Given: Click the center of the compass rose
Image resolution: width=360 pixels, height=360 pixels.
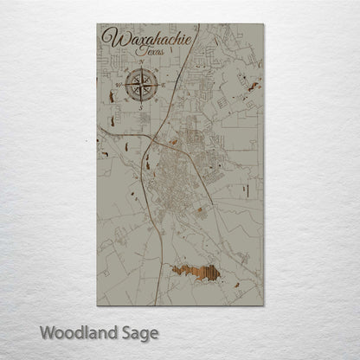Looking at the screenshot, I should point(142,85).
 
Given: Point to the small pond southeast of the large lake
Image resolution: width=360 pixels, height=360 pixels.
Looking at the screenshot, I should point(236,280).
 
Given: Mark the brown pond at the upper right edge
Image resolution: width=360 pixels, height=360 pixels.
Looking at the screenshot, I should point(254,85).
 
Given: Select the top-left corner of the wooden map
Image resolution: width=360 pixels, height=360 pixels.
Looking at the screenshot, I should point(98,24).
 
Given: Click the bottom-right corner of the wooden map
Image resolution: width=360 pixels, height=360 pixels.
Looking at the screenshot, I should point(262,305).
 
